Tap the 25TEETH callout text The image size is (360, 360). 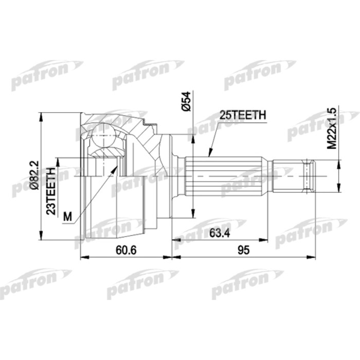[x=243, y=116]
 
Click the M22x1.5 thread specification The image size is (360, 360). [x=332, y=128]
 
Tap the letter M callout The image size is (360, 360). [x=67, y=217]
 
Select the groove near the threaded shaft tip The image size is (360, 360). [x=308, y=176]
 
